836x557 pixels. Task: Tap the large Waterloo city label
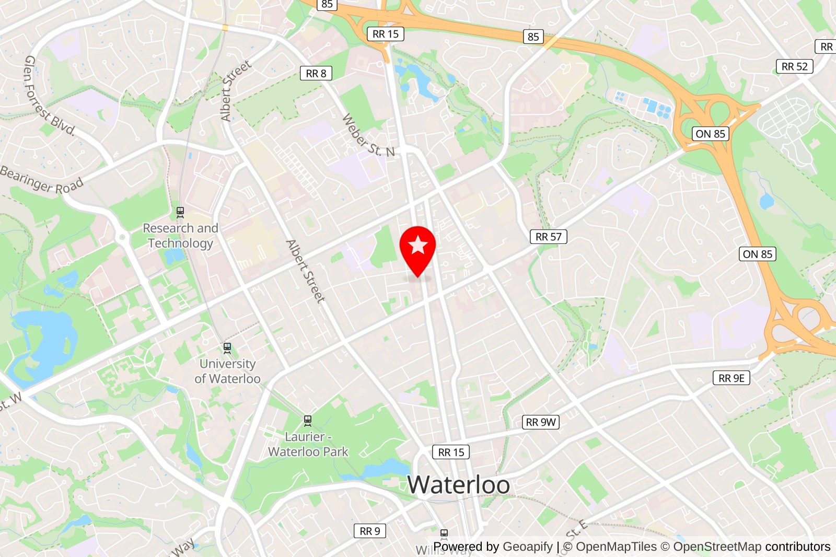[458, 484]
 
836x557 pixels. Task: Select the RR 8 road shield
[316, 74]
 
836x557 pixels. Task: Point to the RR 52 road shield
[794, 66]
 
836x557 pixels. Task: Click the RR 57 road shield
[548, 237]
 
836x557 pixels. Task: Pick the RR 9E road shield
[731, 378]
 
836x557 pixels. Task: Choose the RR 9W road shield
[541, 422]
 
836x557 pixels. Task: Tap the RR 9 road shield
[370, 531]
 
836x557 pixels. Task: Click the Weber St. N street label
[368, 135]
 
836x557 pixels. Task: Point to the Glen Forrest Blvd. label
[49, 96]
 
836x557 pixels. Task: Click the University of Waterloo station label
[227, 371]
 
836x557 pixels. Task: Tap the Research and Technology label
[180, 236]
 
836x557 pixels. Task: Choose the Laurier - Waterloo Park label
[308, 444]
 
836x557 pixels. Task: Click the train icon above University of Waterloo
[227, 347]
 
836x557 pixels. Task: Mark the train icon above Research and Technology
[180, 212]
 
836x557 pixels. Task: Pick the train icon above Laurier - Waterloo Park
[308, 420]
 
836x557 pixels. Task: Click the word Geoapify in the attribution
[527, 547]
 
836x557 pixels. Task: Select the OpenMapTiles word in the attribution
[616, 547]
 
